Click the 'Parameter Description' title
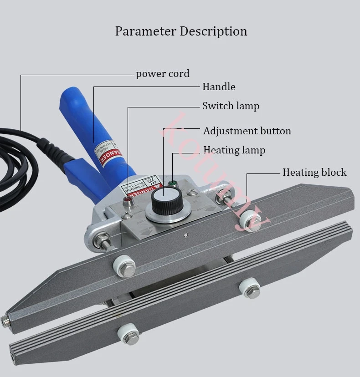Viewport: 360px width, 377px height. [x=181, y=31]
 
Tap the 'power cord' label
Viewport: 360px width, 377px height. [x=162, y=74]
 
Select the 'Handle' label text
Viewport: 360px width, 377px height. [x=219, y=87]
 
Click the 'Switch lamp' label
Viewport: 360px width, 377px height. [x=231, y=106]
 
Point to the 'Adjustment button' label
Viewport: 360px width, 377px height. [x=247, y=131]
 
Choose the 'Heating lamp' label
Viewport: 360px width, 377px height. [x=234, y=150]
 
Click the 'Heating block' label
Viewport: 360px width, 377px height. [x=314, y=173]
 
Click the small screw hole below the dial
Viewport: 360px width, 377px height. [x=185, y=235]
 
